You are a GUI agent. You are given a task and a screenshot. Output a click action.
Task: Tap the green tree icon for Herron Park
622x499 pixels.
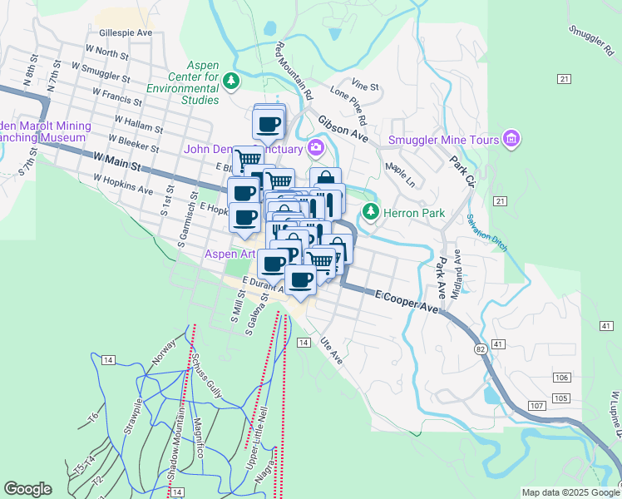point(371,213)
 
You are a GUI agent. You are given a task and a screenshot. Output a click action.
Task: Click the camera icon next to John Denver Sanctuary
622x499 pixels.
point(315,149)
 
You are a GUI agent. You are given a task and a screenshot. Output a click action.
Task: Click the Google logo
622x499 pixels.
point(27,489)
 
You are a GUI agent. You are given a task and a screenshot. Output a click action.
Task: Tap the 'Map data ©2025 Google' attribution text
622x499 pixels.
point(570,492)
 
